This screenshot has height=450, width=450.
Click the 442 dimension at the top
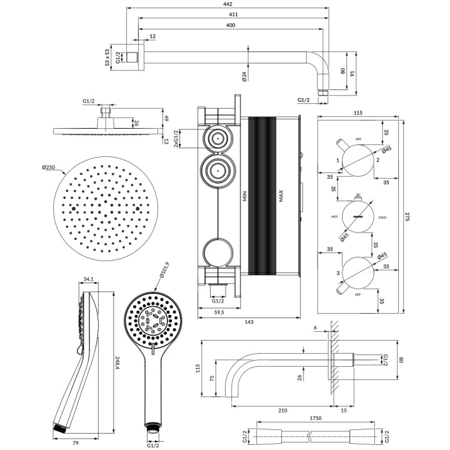pyautogui.click(x=231, y=4)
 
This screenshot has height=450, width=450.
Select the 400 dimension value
pyautogui.click(x=231, y=25)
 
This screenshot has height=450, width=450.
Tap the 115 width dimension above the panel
pyautogui.click(x=358, y=112)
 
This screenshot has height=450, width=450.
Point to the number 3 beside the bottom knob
pyautogui.click(x=338, y=273)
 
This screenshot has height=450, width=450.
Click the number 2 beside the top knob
pyautogui.click(x=378, y=161)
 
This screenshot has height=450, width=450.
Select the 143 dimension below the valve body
pyautogui.click(x=249, y=322)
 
